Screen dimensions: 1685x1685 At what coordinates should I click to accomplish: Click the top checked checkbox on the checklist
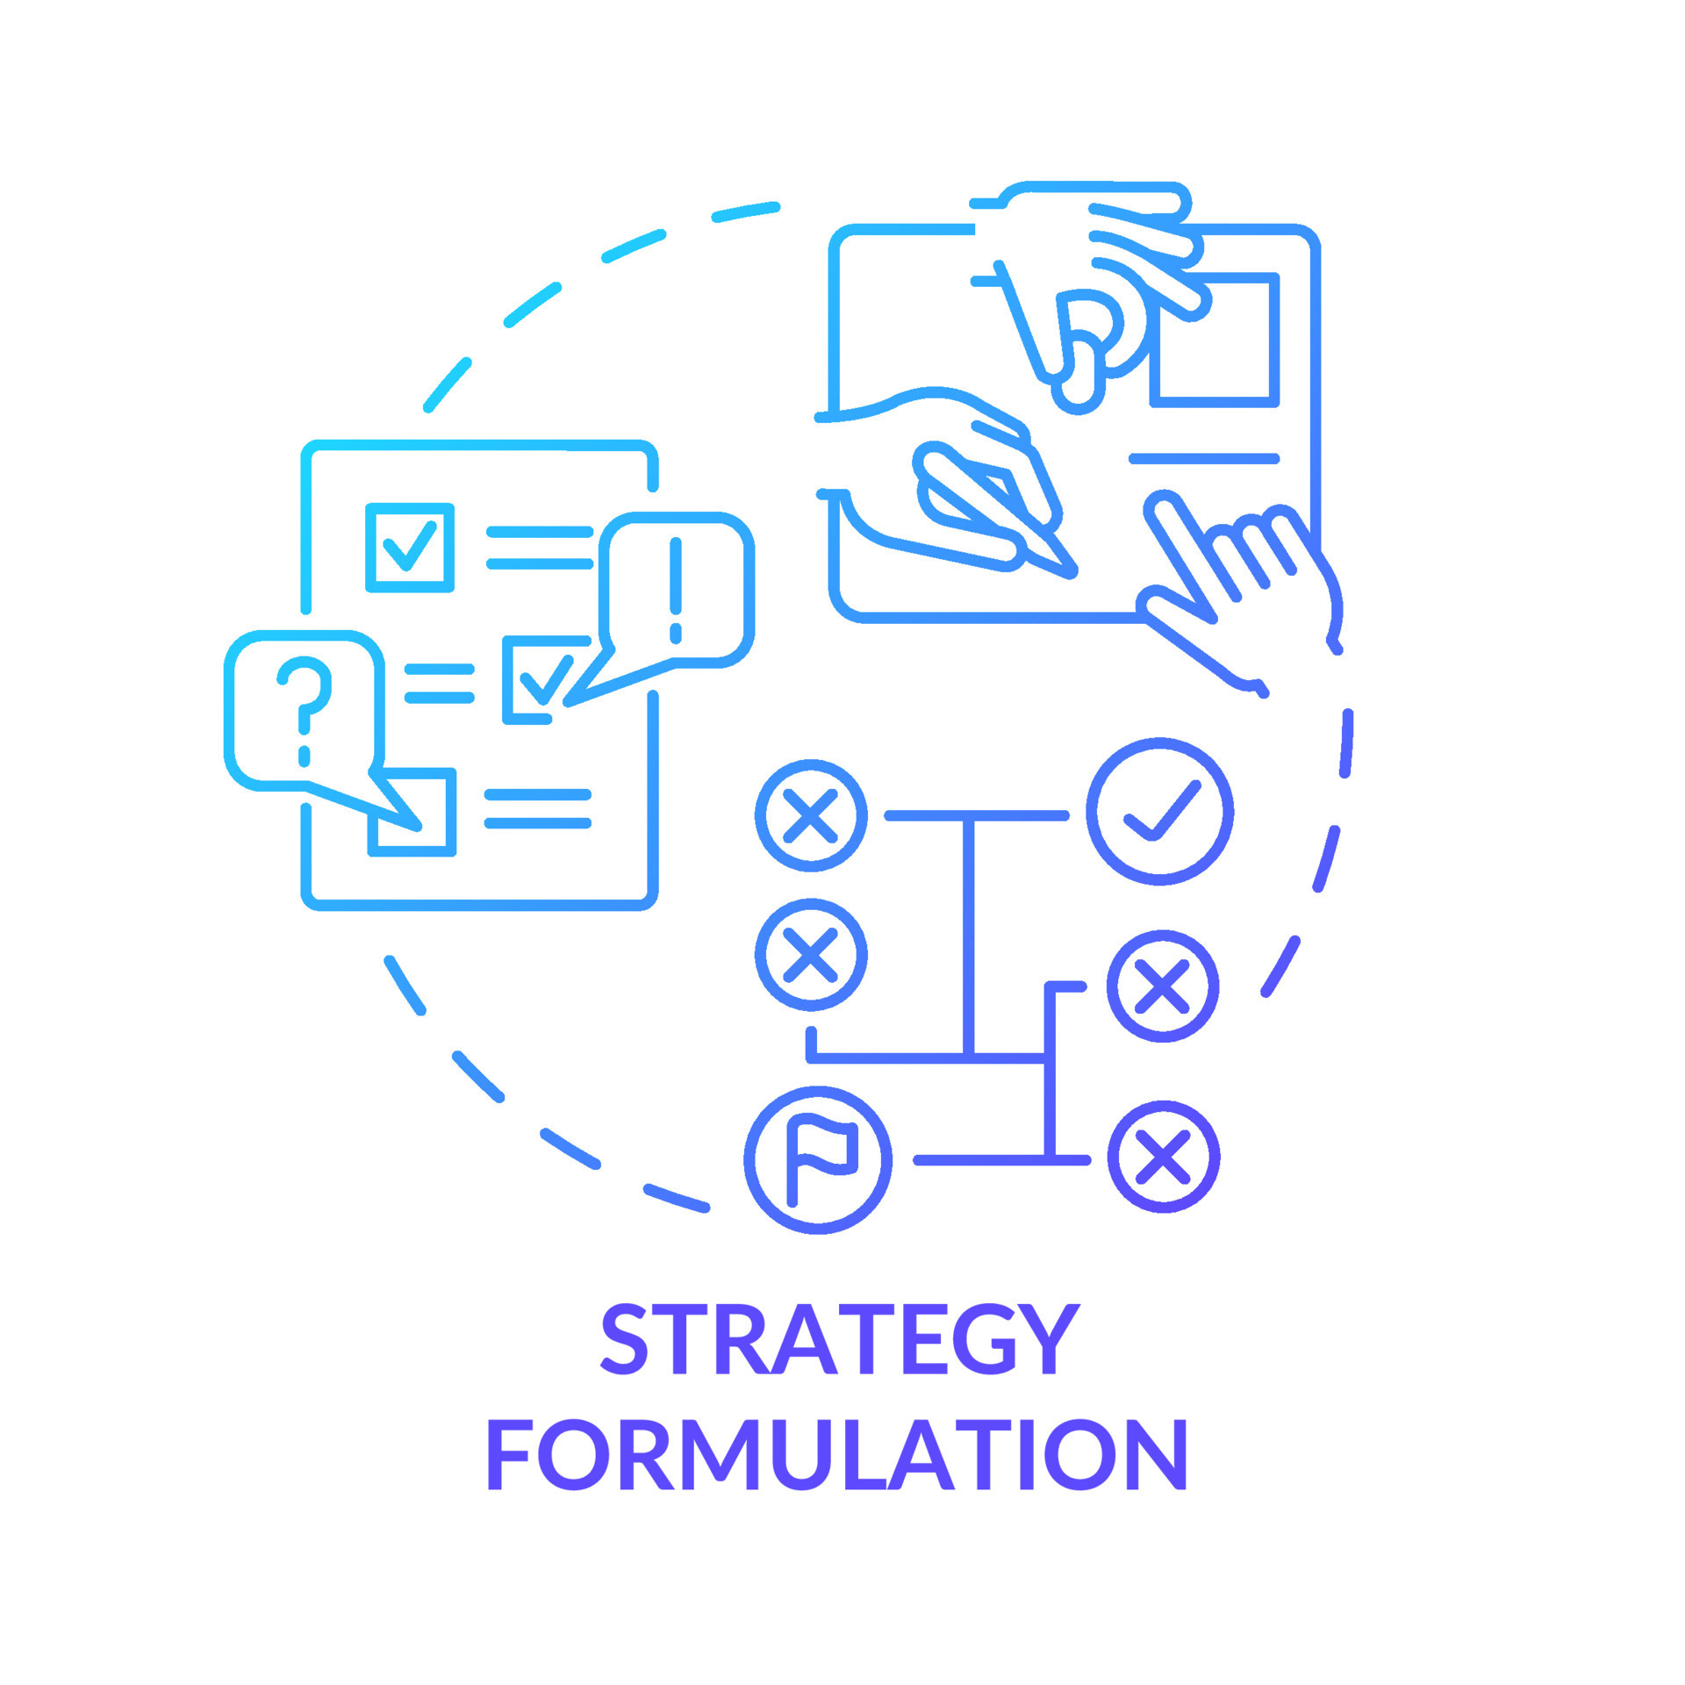coord(410,547)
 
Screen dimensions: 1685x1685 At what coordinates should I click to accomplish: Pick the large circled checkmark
coord(1159,811)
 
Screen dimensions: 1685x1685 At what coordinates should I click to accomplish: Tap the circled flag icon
coord(818,1159)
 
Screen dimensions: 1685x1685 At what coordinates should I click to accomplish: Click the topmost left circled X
coord(811,815)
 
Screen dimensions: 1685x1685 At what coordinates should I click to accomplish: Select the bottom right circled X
coord(1163,1156)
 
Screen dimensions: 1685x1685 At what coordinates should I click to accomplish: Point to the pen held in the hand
coord(1000,509)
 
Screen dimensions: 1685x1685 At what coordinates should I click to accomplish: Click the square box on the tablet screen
coord(1215,341)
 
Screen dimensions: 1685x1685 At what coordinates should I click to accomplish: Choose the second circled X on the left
coord(811,954)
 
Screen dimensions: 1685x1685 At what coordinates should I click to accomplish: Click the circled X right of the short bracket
coord(1162,986)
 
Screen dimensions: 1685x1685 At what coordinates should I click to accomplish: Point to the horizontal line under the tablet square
coord(1203,458)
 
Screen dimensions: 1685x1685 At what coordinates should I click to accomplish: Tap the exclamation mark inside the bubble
coord(675,589)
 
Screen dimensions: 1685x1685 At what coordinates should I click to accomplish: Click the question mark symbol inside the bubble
coord(305,706)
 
